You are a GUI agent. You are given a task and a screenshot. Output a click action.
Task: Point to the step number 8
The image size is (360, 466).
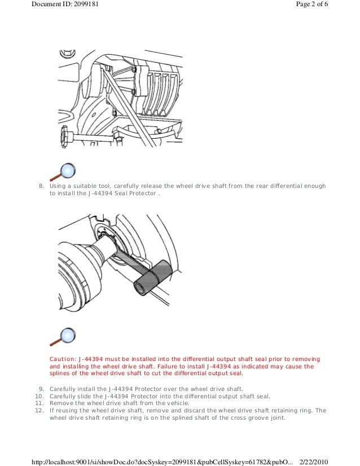tap(41, 186)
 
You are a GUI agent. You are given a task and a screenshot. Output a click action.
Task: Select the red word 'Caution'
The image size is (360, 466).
tap(62, 359)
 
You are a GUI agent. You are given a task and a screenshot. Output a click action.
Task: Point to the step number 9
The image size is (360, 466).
tap(41, 389)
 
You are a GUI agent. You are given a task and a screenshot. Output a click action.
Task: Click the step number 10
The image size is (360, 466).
tap(39, 396)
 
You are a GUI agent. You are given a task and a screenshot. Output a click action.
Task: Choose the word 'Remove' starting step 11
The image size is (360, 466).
tap(61, 403)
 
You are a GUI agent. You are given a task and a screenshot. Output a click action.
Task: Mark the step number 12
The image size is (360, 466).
tap(39, 411)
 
